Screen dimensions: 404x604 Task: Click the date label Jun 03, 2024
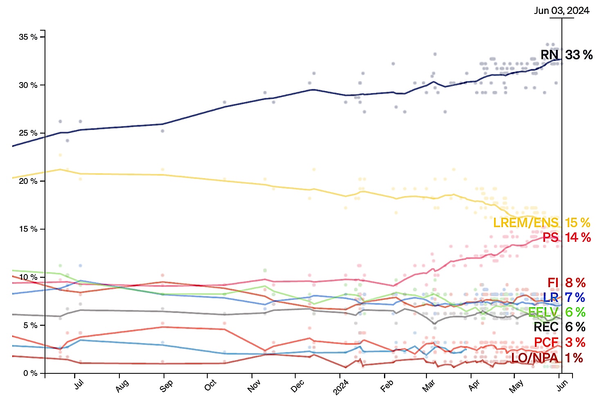[x=561, y=11]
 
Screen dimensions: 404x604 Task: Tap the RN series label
[x=550, y=55]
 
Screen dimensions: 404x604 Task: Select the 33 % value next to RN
[x=579, y=55]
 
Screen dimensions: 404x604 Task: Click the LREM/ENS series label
[x=525, y=223]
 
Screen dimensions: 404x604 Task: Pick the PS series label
[x=550, y=237]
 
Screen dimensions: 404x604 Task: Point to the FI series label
[x=553, y=283]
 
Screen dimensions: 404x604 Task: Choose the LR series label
[x=550, y=297]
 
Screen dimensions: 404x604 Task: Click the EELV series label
[x=543, y=312]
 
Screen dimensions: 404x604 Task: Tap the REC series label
[x=546, y=327]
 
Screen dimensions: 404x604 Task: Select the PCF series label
[x=546, y=342]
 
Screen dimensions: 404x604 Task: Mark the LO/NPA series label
[x=534, y=358]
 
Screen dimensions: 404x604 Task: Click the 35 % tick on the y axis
[x=28, y=37]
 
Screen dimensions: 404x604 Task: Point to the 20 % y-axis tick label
[x=28, y=181]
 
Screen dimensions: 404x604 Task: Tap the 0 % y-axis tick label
[x=30, y=373]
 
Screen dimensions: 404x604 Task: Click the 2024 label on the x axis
[x=341, y=387]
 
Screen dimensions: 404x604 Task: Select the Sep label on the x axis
[x=166, y=386]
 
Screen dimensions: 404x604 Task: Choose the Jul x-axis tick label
[x=79, y=384]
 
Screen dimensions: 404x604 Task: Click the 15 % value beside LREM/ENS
[x=577, y=223]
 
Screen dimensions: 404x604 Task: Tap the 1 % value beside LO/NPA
[x=574, y=358]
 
